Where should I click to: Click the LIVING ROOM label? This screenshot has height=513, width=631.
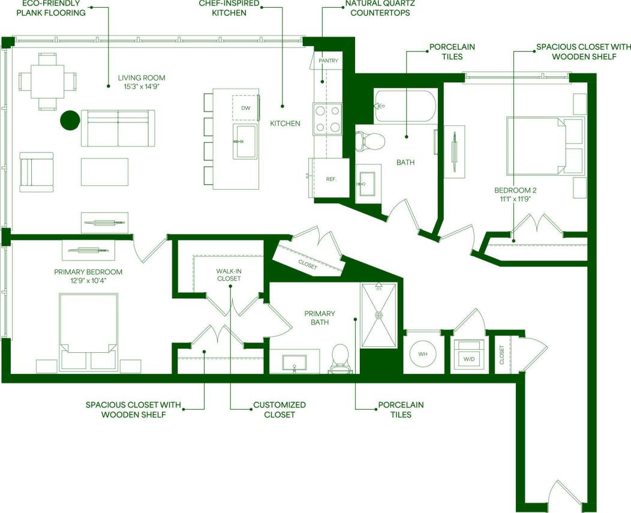[141, 78]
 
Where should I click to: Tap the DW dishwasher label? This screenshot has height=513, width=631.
[245, 108]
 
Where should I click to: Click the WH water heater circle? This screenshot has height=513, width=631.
[423, 354]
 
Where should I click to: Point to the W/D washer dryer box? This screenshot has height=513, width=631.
[468, 354]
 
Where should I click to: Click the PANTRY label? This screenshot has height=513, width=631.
[329, 61]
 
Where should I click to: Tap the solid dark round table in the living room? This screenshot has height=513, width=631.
[70, 120]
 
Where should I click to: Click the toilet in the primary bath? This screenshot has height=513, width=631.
[340, 359]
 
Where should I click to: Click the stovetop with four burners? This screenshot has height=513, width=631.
[327, 118]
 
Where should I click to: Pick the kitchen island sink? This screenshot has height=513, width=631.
[245, 142]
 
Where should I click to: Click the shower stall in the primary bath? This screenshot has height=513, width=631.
[378, 314]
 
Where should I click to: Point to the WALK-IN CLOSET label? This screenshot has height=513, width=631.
[229, 275]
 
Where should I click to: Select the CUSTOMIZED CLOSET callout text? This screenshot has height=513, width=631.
[280, 410]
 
